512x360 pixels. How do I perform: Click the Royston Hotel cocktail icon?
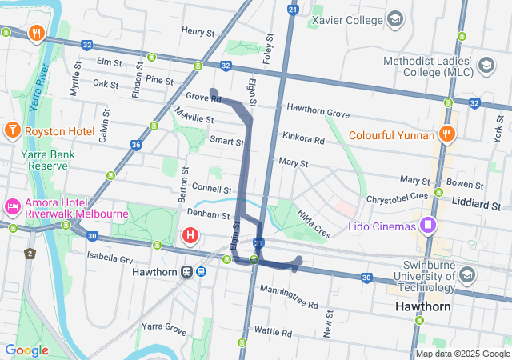point(13,130)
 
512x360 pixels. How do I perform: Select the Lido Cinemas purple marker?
point(430,226)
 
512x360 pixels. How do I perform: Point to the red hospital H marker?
point(190,235)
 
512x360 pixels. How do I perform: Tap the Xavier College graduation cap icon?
point(394,18)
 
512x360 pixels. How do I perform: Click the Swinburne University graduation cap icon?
point(466,275)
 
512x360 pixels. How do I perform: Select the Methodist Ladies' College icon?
point(485,65)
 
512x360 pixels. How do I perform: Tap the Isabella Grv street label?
point(110,259)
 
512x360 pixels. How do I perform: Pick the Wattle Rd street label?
point(274,331)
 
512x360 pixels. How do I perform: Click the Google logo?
point(26,350)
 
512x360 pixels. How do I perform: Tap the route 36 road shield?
point(136,145)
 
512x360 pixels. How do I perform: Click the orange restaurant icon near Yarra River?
point(35,33)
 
